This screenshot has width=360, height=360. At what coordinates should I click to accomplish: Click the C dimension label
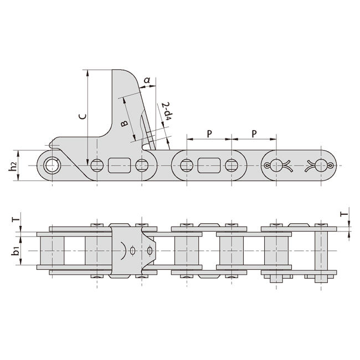(x=81, y=117)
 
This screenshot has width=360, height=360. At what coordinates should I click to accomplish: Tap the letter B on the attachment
(x=124, y=124)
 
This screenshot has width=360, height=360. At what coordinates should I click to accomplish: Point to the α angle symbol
(x=146, y=81)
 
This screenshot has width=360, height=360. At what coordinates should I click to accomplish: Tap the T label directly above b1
(x=17, y=220)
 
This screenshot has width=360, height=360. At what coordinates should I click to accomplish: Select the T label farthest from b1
(x=343, y=213)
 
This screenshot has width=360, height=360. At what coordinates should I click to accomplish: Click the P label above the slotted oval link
(x=209, y=133)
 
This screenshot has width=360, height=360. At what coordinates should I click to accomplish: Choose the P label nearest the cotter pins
(x=254, y=133)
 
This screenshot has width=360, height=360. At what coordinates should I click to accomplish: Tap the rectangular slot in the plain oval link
(x=209, y=164)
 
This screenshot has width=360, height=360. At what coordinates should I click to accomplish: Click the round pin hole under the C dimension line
(x=97, y=164)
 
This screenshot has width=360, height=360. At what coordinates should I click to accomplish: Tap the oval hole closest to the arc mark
(x=133, y=251)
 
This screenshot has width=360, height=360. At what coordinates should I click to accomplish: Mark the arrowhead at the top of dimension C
(x=88, y=73)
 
